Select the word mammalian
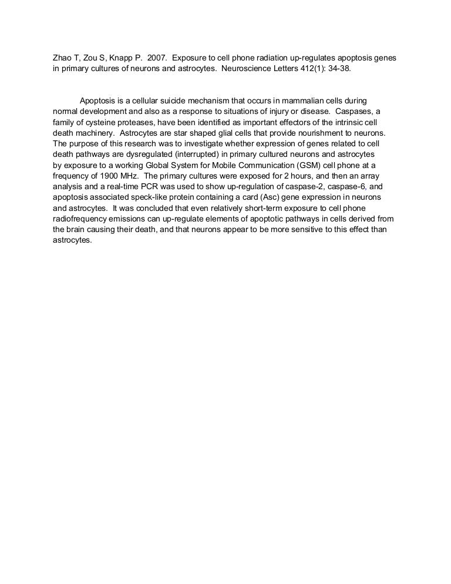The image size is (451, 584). coord(299,101)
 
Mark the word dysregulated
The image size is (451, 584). coord(132,154)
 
